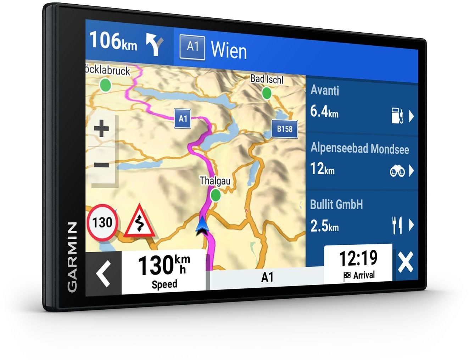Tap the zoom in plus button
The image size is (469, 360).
(x=102, y=128)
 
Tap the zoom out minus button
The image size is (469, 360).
(x=102, y=165)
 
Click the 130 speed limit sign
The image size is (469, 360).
(x=102, y=223)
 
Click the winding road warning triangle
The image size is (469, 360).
(x=139, y=222)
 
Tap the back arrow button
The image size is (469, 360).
(x=104, y=273)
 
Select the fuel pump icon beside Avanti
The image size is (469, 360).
(x=397, y=116)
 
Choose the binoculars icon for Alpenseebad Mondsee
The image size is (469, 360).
(x=397, y=172)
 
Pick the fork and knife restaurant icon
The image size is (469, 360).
(x=397, y=225)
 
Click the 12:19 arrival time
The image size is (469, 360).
(x=358, y=258)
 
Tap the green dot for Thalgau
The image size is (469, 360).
(x=215, y=195)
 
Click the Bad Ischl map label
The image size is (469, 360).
(x=267, y=79)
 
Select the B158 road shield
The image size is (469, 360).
(x=284, y=129)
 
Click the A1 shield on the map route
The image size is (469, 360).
(x=183, y=119)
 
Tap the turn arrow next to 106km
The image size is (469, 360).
(x=155, y=45)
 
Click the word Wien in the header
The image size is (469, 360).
(x=229, y=50)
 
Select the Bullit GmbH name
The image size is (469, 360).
(x=336, y=205)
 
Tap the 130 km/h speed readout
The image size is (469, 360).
(x=164, y=266)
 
